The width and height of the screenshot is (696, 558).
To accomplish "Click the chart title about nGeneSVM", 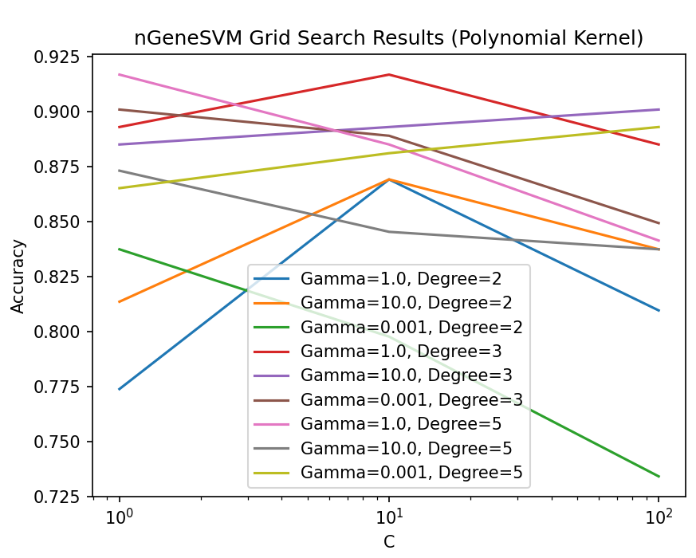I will tap(388, 38).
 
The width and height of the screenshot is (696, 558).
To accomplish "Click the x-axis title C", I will tap(389, 542).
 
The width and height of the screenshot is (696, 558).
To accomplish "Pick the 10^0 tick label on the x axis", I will tap(120, 517).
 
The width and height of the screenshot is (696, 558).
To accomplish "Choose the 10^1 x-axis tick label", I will tap(389, 517).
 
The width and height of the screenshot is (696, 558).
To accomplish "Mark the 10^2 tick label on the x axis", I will tap(659, 517).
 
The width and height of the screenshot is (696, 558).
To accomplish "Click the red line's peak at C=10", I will tap(389, 74).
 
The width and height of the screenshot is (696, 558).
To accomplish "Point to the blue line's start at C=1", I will tap(120, 389).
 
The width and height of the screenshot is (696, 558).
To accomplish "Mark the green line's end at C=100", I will tap(659, 477).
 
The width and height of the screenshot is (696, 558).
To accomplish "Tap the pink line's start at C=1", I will tap(120, 74).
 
